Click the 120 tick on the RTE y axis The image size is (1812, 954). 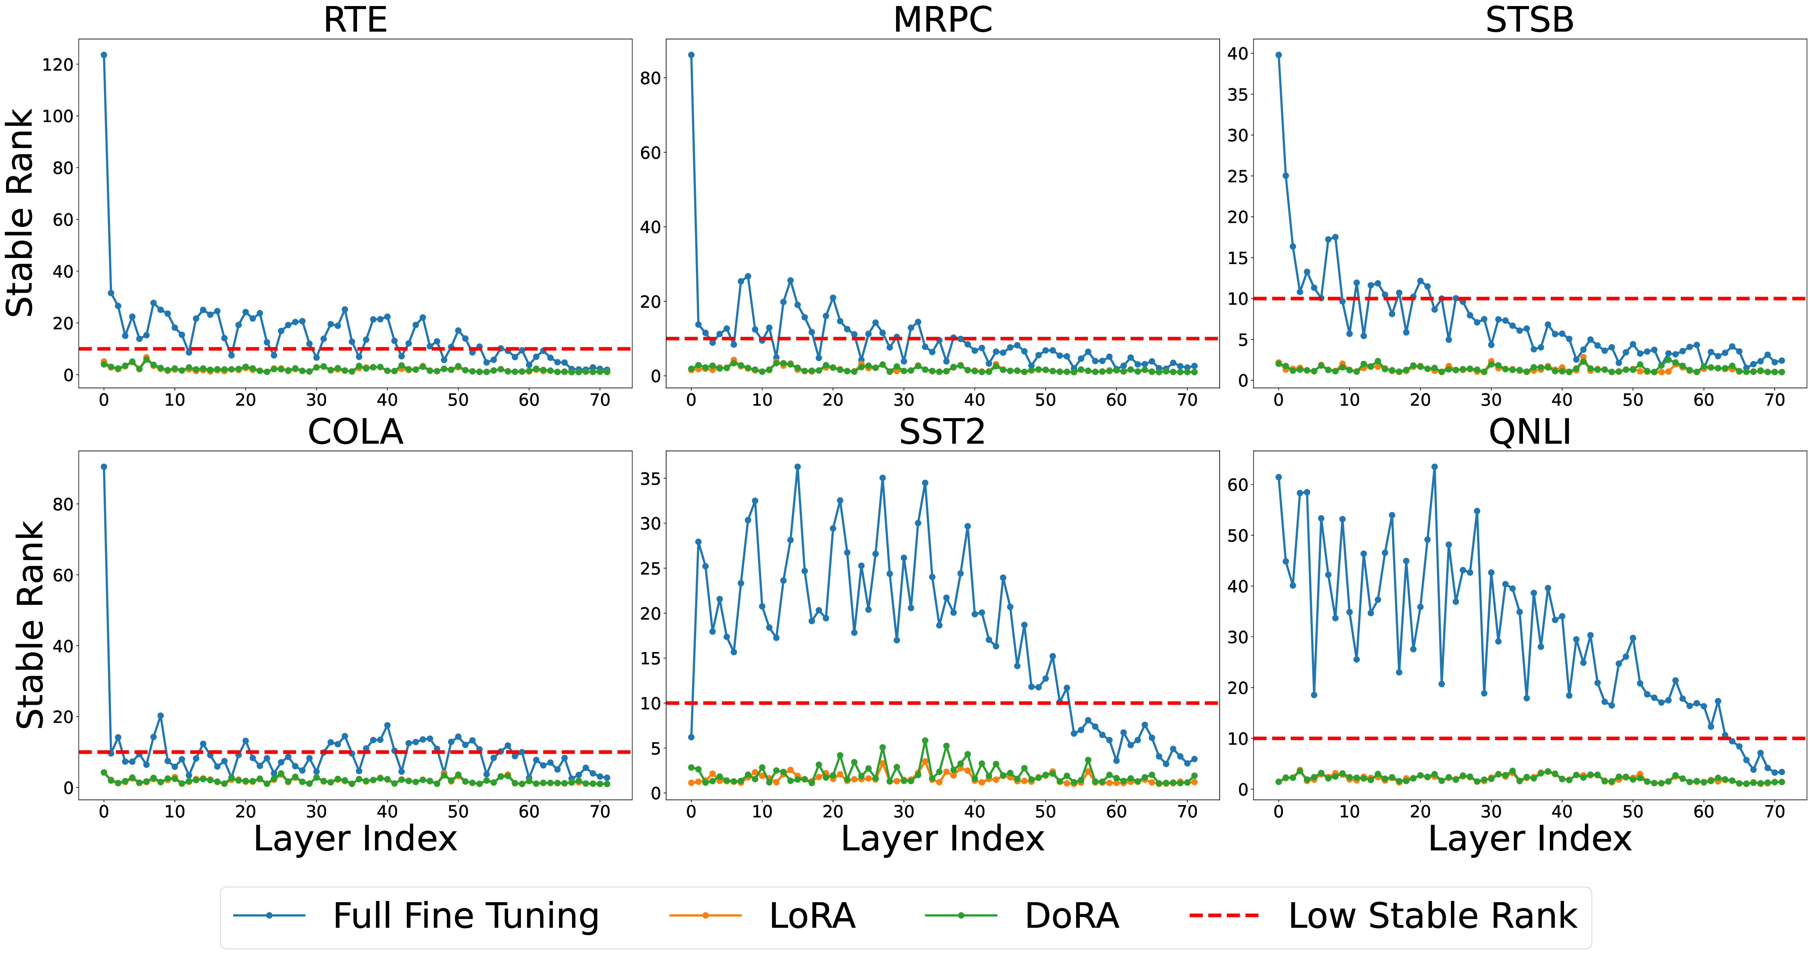[x=58, y=65]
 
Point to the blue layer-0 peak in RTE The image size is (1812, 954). [x=104, y=55]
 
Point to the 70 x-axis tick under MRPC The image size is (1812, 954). [x=1187, y=400]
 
